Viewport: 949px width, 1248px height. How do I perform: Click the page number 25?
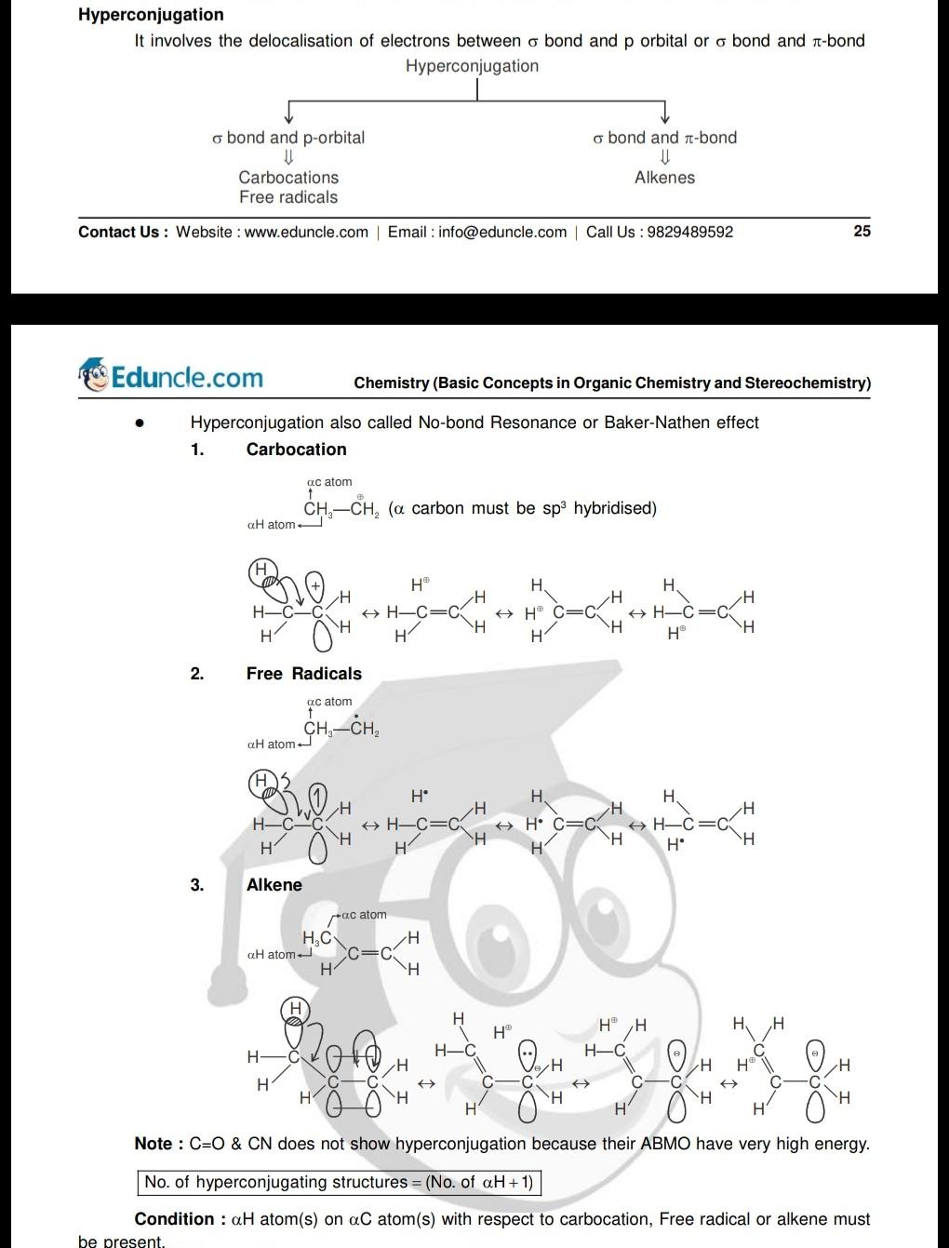coord(862,231)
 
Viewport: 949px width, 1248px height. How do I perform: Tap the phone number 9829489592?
coord(689,232)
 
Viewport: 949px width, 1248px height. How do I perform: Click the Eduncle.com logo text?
coord(187,377)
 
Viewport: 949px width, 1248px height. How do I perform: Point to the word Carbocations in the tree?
coord(288,177)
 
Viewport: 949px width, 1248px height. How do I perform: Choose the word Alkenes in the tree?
coord(664,177)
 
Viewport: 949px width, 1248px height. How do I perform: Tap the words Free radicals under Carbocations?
coord(288,196)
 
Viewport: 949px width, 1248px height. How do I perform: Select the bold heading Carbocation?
coord(296,449)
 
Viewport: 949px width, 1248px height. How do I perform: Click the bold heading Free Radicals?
coord(303,673)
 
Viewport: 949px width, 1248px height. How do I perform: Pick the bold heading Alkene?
coord(274,884)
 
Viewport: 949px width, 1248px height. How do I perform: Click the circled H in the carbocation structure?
coord(261,569)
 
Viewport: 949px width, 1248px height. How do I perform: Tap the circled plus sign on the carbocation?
coord(316,585)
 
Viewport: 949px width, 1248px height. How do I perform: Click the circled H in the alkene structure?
coord(296,1008)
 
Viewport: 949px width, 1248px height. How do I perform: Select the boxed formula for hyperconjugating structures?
coord(339,1182)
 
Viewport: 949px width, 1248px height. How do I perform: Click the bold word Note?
coord(154,1143)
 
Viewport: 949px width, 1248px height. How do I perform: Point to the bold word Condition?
coord(174,1218)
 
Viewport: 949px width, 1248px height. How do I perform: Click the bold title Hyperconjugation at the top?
coord(151,14)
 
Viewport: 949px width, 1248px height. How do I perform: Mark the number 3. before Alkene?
coord(196,884)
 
